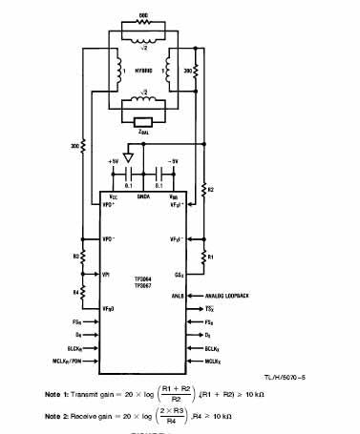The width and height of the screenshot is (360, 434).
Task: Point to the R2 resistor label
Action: click(212, 190)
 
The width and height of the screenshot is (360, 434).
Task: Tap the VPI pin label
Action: click(107, 275)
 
